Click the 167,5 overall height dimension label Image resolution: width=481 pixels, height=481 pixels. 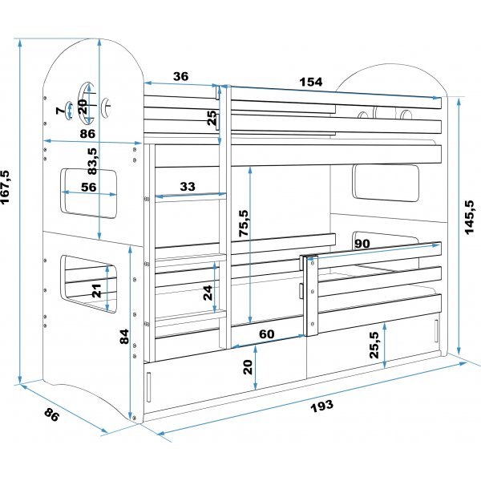6,187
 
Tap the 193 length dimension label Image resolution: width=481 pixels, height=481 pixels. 321,406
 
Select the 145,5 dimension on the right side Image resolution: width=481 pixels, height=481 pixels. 469,217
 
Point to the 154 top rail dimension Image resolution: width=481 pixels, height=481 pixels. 311,82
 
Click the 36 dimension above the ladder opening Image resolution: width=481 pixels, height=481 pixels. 180,76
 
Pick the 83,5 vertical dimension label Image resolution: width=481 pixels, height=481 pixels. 92,161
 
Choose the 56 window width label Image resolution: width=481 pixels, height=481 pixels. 88,187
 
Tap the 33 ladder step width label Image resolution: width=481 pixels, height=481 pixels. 188,186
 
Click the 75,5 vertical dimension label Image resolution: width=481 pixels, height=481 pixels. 245,223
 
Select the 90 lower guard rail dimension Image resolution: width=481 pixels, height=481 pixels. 362,244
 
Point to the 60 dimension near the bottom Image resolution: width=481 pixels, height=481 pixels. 267,333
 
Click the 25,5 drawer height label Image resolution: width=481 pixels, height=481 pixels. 374,345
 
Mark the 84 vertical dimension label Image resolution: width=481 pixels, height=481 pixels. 124,337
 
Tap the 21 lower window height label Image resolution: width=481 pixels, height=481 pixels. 97,290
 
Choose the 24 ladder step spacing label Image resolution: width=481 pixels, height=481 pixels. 208,293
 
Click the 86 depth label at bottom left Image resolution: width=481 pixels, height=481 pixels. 51,414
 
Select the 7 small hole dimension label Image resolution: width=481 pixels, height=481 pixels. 60,110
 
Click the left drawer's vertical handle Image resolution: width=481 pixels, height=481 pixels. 149,387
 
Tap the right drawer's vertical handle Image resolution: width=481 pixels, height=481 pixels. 436,331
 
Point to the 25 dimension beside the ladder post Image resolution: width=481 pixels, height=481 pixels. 212,118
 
